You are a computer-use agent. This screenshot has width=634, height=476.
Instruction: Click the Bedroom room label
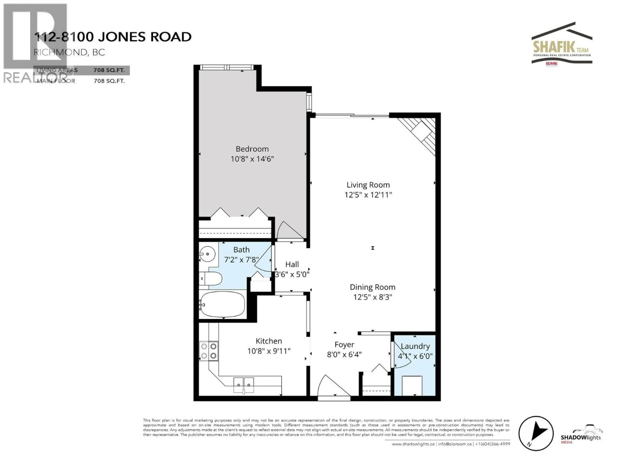pos(252,149)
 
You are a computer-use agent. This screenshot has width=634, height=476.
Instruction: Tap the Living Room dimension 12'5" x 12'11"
pos(368,195)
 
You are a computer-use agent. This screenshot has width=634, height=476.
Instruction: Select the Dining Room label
pos(372,287)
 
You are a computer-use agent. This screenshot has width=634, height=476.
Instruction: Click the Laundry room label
pos(415,346)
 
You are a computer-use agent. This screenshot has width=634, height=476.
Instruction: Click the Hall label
pos(292,264)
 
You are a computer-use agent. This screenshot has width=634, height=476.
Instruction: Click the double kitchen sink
pos(244,385)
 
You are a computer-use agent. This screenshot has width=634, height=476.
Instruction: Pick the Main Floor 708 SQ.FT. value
pos(109,81)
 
